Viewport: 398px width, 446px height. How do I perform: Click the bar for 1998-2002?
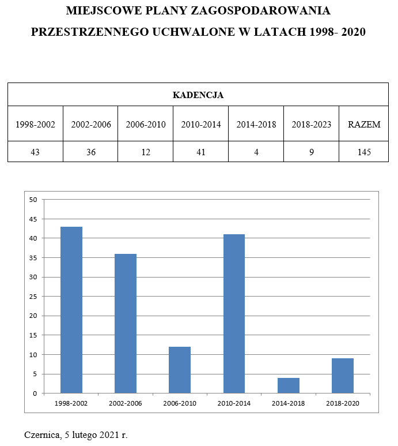tap(71, 310)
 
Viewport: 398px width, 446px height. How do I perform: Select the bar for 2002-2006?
tap(126, 323)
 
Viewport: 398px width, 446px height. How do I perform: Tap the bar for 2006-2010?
tap(180, 370)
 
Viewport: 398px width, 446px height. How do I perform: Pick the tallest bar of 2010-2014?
tap(234, 313)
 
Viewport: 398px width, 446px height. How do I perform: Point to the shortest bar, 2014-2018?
tap(289, 385)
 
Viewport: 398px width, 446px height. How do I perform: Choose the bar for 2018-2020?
tap(343, 376)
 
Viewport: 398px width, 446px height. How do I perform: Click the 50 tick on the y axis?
tap(33, 200)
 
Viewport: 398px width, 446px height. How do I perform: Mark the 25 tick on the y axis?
tap(33, 297)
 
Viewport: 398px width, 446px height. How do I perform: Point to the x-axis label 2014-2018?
tap(289, 403)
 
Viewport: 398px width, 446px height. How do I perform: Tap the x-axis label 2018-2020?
tap(343, 403)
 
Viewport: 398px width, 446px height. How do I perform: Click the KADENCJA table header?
tap(198, 95)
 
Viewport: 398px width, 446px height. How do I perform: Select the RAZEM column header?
tap(363, 124)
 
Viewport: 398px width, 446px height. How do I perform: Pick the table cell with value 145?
tap(363, 152)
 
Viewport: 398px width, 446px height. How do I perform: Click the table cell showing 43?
tap(35, 152)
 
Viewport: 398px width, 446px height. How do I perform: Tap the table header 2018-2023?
tap(312, 124)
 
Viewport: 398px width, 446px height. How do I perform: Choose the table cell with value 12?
tap(146, 152)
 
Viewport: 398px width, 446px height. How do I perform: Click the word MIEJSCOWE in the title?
tap(101, 11)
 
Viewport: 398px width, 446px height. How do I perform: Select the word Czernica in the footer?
tap(41, 434)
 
